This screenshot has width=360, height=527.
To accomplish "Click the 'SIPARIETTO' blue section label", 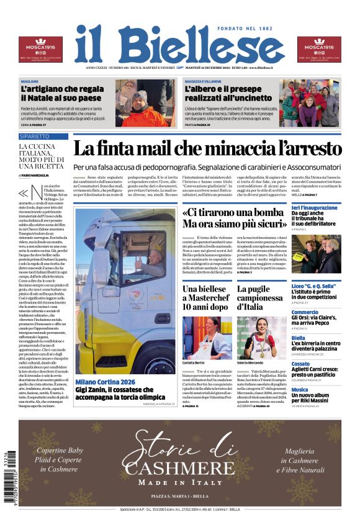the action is [35, 136].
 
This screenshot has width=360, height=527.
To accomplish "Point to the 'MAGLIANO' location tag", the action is [29, 81].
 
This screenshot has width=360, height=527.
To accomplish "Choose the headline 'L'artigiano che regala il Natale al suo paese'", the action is [62, 94].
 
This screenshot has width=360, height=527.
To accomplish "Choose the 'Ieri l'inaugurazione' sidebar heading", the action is [315, 207].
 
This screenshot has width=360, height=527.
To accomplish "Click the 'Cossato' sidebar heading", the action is [300, 364].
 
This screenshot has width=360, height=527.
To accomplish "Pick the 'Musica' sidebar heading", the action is [300, 390].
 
